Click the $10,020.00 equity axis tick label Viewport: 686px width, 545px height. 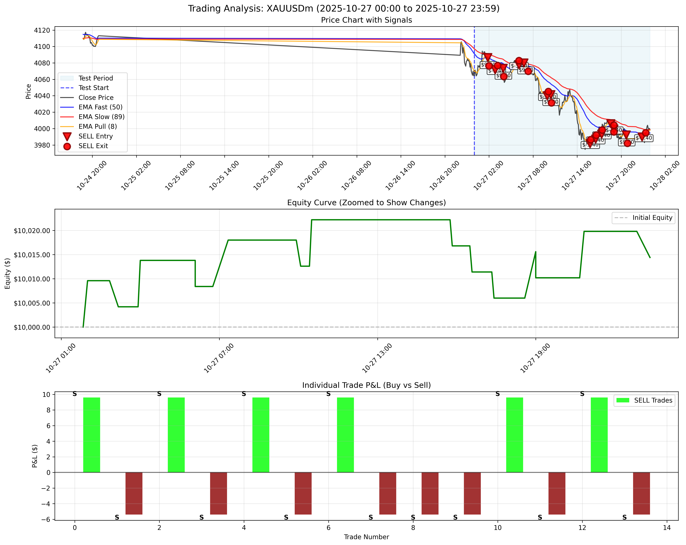coord(32,231)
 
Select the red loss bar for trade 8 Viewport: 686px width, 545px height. coord(430,493)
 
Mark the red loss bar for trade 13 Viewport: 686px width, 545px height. coord(641,493)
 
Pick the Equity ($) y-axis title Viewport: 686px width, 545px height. coord(8,274)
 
